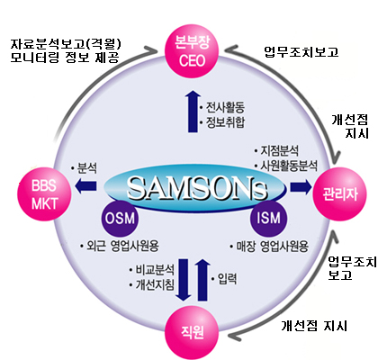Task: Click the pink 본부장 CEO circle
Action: [x=193, y=51]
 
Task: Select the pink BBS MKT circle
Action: [x=44, y=194]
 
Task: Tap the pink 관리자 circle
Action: [x=340, y=194]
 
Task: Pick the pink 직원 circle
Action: [x=193, y=333]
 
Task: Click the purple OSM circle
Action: [x=120, y=219]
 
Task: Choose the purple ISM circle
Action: [x=268, y=219]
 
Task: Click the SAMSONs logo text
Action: [x=197, y=189]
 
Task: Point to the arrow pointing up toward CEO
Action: [x=193, y=112]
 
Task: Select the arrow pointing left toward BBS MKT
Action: [x=85, y=186]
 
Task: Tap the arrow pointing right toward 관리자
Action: [x=301, y=187]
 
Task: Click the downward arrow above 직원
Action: [x=184, y=280]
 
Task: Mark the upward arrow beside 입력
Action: [x=202, y=279]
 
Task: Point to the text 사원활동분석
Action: [x=289, y=166]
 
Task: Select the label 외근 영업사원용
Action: [x=122, y=246]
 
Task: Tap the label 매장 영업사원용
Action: [x=273, y=247]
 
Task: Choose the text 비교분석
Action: [x=155, y=270]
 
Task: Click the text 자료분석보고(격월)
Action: [x=66, y=44]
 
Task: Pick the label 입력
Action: [x=227, y=279]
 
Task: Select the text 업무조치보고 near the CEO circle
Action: [x=301, y=51]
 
